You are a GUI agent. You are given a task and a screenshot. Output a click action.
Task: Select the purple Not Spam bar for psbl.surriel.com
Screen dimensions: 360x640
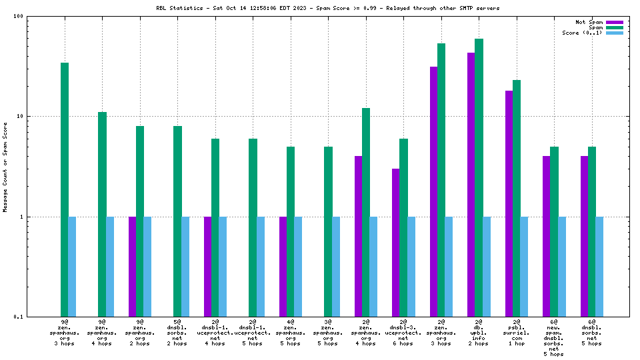(x=509, y=203)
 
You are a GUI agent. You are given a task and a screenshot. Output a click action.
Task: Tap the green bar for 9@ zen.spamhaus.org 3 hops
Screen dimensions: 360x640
(x=65, y=189)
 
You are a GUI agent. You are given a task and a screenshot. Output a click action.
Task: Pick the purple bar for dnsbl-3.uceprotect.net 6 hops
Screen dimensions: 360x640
(x=396, y=243)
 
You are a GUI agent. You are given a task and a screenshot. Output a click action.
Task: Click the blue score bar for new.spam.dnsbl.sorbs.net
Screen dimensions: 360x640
(x=562, y=267)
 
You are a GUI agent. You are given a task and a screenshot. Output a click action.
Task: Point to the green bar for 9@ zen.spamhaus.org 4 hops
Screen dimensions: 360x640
(x=102, y=214)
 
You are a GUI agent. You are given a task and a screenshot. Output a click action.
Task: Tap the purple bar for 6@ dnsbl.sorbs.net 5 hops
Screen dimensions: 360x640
(x=584, y=236)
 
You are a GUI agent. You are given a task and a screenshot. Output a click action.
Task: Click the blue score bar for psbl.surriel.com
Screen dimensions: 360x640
(x=524, y=267)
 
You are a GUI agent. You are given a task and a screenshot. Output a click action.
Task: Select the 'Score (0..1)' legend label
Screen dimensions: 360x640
(x=582, y=33)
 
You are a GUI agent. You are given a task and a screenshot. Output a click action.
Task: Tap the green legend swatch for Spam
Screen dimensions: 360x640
(x=614, y=27)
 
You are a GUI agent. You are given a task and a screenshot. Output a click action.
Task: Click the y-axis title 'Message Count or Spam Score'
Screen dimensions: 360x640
(x=5, y=167)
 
